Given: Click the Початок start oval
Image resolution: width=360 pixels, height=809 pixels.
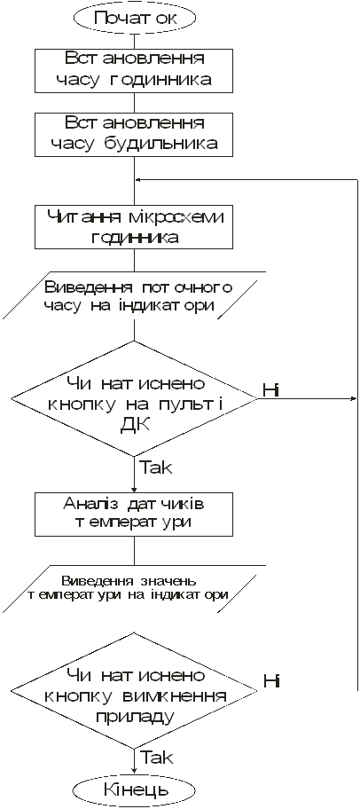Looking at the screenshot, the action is [134, 18].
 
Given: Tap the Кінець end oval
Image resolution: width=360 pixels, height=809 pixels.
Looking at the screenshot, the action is [135, 789].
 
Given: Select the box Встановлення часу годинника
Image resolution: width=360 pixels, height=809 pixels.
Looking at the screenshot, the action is [134, 70].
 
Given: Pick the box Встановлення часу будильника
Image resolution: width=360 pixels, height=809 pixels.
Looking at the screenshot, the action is [134, 134].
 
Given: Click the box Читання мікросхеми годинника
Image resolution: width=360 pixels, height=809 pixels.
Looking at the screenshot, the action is [134, 226].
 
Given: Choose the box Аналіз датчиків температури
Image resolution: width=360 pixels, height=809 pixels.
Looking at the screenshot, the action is [134, 514].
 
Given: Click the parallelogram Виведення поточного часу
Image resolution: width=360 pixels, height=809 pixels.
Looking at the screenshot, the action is [134, 295].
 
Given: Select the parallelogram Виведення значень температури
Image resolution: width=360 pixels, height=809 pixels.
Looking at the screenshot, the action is [134, 588].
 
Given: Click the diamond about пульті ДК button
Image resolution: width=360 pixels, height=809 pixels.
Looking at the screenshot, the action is [134, 398].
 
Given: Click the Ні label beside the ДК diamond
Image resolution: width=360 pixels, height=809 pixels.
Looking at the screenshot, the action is [270, 390].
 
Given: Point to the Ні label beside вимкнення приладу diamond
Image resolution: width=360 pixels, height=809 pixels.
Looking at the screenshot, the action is [271, 681].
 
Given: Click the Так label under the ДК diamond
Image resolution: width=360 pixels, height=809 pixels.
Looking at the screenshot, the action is [156, 467].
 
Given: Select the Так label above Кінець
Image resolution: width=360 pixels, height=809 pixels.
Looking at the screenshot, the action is [157, 758].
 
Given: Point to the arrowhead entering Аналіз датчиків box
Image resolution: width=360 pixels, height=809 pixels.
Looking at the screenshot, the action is [134, 489].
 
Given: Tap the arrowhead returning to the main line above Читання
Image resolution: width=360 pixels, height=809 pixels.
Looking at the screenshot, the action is [138, 179].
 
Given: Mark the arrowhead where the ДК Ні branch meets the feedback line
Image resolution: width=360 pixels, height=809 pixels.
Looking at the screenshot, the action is [355, 398].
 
